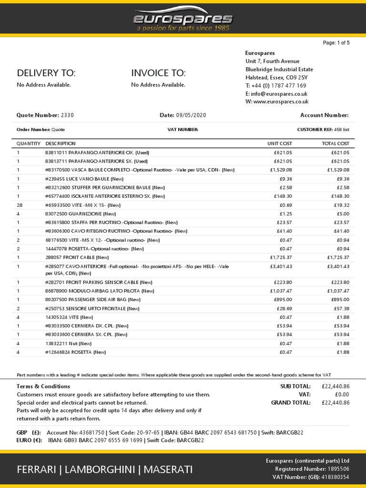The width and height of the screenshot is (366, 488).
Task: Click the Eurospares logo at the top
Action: tap(183, 19)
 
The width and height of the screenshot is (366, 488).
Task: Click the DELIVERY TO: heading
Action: tap(46, 73)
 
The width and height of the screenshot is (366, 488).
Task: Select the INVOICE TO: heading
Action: tap(158, 73)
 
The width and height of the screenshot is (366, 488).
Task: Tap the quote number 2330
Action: tap(67, 115)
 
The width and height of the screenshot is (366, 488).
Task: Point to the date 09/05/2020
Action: tap(190, 115)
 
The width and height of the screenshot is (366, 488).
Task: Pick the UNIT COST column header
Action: tap(280, 143)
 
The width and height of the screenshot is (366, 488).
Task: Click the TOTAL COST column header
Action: tap(335, 143)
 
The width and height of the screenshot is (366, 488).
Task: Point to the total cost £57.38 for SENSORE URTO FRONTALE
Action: tap(340, 308)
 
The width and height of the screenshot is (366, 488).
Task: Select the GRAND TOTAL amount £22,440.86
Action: tap(335, 403)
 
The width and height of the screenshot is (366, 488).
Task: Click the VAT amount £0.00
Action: tap(342, 395)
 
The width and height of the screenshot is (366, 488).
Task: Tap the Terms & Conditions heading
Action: tap(43, 386)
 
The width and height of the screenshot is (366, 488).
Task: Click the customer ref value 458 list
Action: tap(342, 130)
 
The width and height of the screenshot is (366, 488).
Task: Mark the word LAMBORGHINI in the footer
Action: tap(99, 470)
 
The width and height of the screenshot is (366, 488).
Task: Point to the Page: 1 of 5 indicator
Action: tap(336, 43)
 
